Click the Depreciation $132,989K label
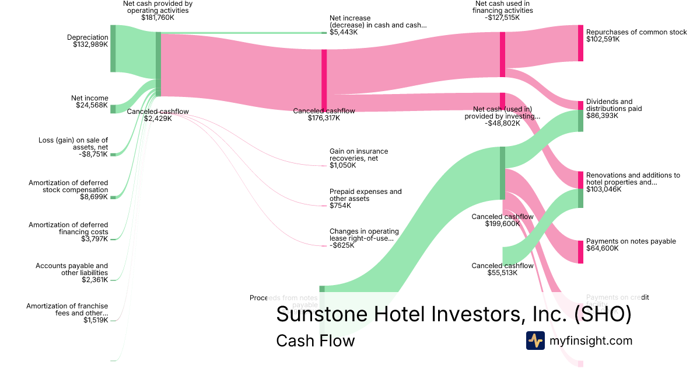(87, 41)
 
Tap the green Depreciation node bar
(113, 48)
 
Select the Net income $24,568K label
(90, 102)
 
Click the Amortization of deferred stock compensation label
(68, 186)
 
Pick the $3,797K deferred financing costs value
(94, 239)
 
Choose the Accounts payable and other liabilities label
(72, 269)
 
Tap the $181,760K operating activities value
(158, 18)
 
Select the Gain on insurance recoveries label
(359, 155)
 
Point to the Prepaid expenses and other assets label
(365, 195)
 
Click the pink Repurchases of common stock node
(580, 43)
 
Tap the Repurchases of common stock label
(636, 32)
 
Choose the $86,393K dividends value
(603, 116)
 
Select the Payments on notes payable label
(631, 241)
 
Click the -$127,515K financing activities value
(502, 18)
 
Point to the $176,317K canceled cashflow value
(324, 118)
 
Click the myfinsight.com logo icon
(535, 341)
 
